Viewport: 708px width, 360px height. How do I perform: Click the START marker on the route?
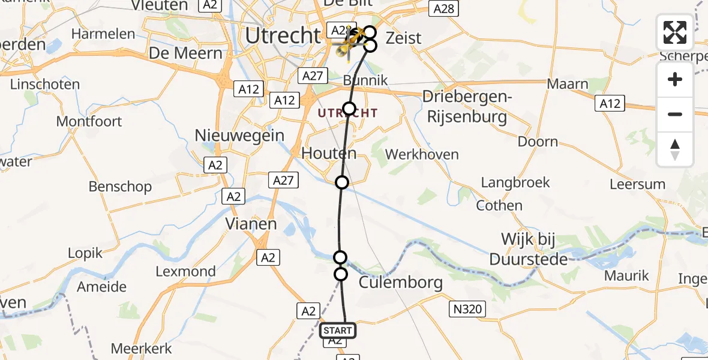coord(338,330)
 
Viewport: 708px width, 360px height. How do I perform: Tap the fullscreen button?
coord(675,32)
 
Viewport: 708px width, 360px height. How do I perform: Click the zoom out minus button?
coord(675,114)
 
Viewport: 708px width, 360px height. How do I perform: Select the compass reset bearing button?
coord(675,149)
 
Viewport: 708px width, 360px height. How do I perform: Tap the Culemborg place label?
coord(401,283)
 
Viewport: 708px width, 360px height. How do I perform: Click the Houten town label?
coord(329,154)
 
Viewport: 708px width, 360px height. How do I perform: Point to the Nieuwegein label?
coord(239,136)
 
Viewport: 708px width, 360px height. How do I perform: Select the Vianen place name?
coord(251,224)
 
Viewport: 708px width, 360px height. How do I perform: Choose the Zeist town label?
coord(403,38)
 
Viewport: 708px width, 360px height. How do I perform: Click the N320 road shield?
coord(467,310)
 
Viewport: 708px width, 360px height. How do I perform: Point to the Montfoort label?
coord(89,121)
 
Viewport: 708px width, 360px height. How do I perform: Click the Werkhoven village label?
coord(422,155)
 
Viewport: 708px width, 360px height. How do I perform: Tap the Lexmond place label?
coord(185,271)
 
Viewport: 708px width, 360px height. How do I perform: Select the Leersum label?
coord(637,184)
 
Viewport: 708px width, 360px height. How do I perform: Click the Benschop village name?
coord(120,187)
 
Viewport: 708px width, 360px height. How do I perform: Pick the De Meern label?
coord(185,53)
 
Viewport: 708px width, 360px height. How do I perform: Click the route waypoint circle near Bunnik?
coord(349,109)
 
